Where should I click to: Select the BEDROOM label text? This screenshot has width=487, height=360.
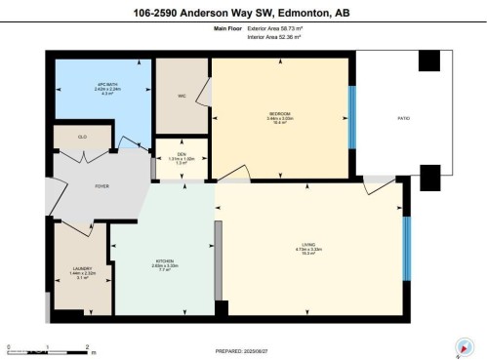click(x=279, y=114)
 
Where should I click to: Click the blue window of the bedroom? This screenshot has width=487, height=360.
click(x=351, y=117)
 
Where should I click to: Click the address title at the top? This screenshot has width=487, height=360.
click(x=243, y=13)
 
